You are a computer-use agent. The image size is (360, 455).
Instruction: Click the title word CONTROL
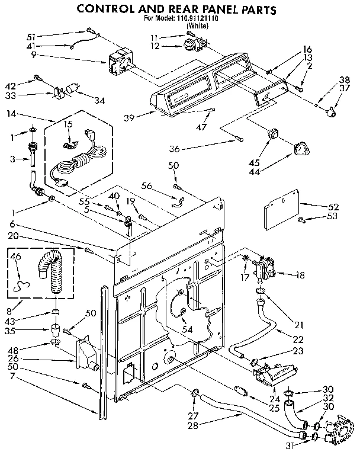click(108, 9)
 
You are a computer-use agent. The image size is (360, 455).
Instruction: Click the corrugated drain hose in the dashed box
click(56, 270)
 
